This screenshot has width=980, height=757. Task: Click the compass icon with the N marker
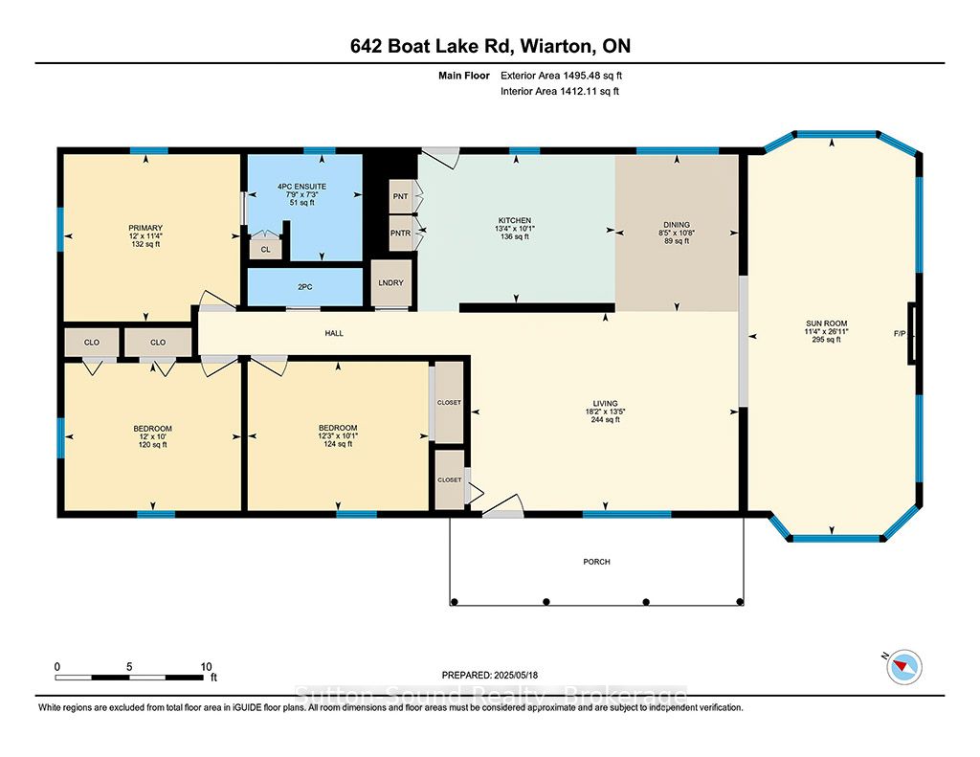click(x=903, y=667)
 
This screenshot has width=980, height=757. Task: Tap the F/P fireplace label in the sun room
click(x=900, y=334)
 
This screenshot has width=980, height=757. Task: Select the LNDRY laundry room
click(x=391, y=283)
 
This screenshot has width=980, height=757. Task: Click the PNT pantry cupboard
click(x=401, y=196)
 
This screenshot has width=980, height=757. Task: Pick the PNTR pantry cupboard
click(x=401, y=234)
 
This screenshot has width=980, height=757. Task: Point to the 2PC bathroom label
click(x=305, y=287)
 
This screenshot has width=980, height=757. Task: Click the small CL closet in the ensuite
click(x=266, y=250)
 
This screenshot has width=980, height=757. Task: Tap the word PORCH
click(x=597, y=562)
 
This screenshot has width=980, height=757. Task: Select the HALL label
click(x=334, y=333)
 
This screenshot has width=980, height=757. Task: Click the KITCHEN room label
click(x=515, y=221)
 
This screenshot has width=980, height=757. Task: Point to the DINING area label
click(x=677, y=224)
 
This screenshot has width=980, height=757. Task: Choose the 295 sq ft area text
click(x=826, y=340)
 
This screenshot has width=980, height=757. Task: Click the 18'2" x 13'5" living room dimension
click(x=605, y=412)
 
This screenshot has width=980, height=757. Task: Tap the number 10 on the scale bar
click(x=207, y=667)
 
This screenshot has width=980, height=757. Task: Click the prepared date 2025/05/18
click(x=516, y=675)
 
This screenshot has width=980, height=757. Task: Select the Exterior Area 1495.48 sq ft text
click(x=561, y=76)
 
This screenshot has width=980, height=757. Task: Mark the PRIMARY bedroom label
click(x=145, y=228)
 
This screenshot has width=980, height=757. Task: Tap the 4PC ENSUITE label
click(x=301, y=187)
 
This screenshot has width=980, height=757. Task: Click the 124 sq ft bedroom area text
click(x=338, y=444)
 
